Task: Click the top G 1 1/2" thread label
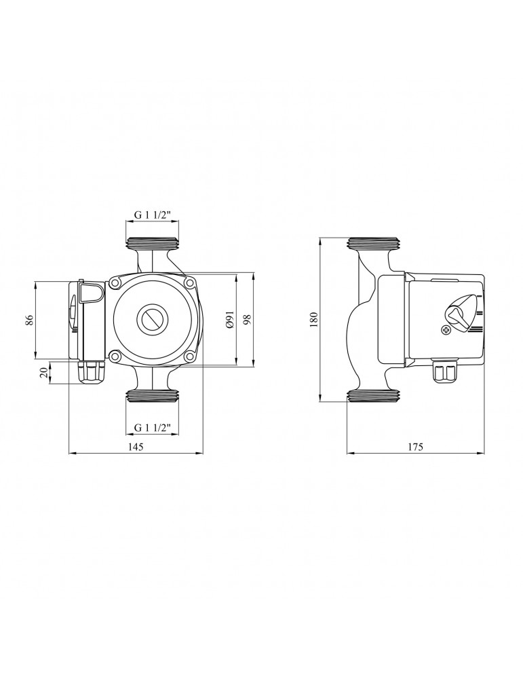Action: click(x=152, y=215)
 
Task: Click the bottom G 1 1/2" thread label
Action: click(x=152, y=427)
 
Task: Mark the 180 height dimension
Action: click(x=314, y=319)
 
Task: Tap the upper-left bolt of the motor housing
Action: click(x=116, y=283)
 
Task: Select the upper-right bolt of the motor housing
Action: click(x=189, y=282)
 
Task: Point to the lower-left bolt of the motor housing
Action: click(x=116, y=355)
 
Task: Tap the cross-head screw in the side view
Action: click(x=446, y=331)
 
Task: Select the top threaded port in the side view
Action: click(x=374, y=243)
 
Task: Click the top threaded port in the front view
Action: click(x=152, y=243)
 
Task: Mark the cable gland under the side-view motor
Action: click(x=445, y=371)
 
